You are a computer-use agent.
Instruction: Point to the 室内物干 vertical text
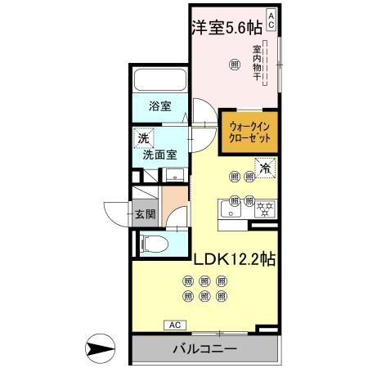click(256, 65)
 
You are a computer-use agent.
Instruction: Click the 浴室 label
click(159, 106)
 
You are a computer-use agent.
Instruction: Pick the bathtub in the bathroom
click(159, 82)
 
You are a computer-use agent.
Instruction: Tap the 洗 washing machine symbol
click(143, 139)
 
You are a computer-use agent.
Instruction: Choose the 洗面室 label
click(160, 153)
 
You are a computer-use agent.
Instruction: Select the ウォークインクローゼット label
click(251, 132)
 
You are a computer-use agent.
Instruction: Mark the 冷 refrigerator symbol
click(266, 167)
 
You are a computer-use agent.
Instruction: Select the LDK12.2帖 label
click(234, 259)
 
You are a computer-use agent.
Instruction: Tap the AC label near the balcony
click(173, 325)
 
